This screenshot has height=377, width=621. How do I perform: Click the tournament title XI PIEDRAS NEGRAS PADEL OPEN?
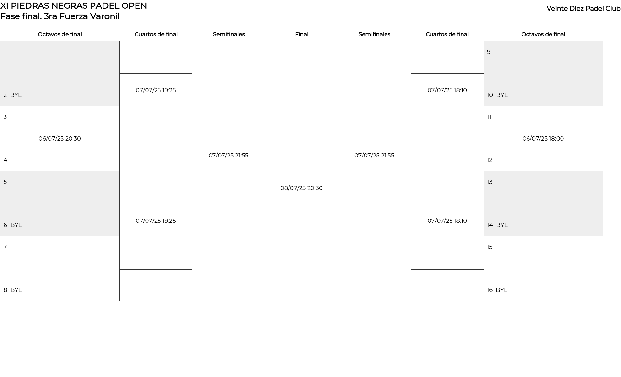click(73, 6)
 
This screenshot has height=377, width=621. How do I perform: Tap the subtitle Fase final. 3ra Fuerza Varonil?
click(60, 16)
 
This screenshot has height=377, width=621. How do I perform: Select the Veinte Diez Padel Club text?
click(583, 9)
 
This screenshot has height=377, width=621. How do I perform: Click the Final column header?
click(301, 34)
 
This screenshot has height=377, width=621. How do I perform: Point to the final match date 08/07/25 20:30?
click(301, 188)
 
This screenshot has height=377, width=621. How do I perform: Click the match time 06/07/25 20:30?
click(60, 139)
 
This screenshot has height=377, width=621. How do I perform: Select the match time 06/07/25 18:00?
click(543, 139)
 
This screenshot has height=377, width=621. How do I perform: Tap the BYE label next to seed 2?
click(16, 95)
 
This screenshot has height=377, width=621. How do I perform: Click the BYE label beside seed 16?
click(502, 290)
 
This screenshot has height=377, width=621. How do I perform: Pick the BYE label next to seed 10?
click(502, 95)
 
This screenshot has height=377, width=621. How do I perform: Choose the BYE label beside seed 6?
click(16, 225)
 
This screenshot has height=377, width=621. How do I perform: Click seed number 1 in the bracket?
click(5, 52)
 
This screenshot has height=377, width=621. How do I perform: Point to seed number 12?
click(490, 160)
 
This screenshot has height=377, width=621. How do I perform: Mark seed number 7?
click(5, 247)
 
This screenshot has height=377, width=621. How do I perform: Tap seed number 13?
click(490, 182)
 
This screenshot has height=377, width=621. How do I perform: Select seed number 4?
click(5, 160)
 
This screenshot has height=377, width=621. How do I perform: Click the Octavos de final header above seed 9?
click(543, 34)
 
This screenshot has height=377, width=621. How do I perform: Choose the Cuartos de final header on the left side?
click(156, 34)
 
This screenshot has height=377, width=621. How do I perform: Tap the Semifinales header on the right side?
click(374, 34)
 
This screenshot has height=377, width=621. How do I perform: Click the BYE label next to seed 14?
click(502, 225)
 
